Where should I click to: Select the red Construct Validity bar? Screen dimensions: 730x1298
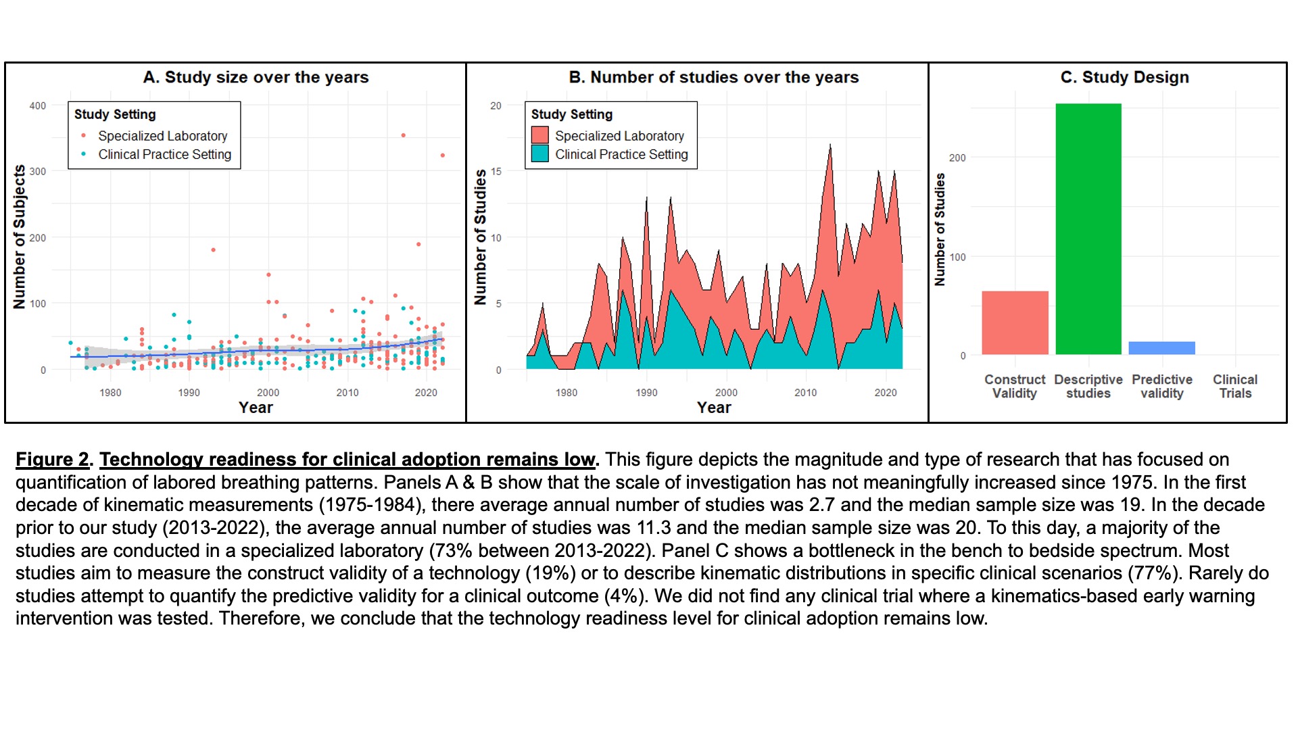point(1015,322)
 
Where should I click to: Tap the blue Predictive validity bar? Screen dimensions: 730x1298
point(1161,347)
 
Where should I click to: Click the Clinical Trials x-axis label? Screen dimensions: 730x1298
point(1235,386)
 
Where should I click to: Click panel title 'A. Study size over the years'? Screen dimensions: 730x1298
point(256,77)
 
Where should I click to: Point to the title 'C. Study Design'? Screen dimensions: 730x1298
point(1124,77)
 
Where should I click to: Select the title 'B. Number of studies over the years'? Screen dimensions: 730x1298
point(713,77)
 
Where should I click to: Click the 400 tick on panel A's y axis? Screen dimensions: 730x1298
point(38,105)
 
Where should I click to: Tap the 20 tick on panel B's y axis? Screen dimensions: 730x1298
point(496,105)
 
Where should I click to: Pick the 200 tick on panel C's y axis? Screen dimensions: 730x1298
point(957,157)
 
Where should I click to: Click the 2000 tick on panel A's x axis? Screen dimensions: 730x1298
point(268,392)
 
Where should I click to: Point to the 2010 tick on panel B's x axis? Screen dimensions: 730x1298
point(805,392)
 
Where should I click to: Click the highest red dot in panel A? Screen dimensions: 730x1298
point(404,135)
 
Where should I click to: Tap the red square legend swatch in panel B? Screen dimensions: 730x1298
point(539,135)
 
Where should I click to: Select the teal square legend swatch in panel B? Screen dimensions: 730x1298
point(539,153)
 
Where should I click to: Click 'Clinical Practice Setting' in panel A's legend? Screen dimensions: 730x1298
point(164,154)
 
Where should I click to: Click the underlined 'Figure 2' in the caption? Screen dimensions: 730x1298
point(52,460)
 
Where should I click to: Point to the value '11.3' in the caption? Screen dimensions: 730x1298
point(654,528)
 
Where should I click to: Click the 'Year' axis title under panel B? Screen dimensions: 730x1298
point(714,407)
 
